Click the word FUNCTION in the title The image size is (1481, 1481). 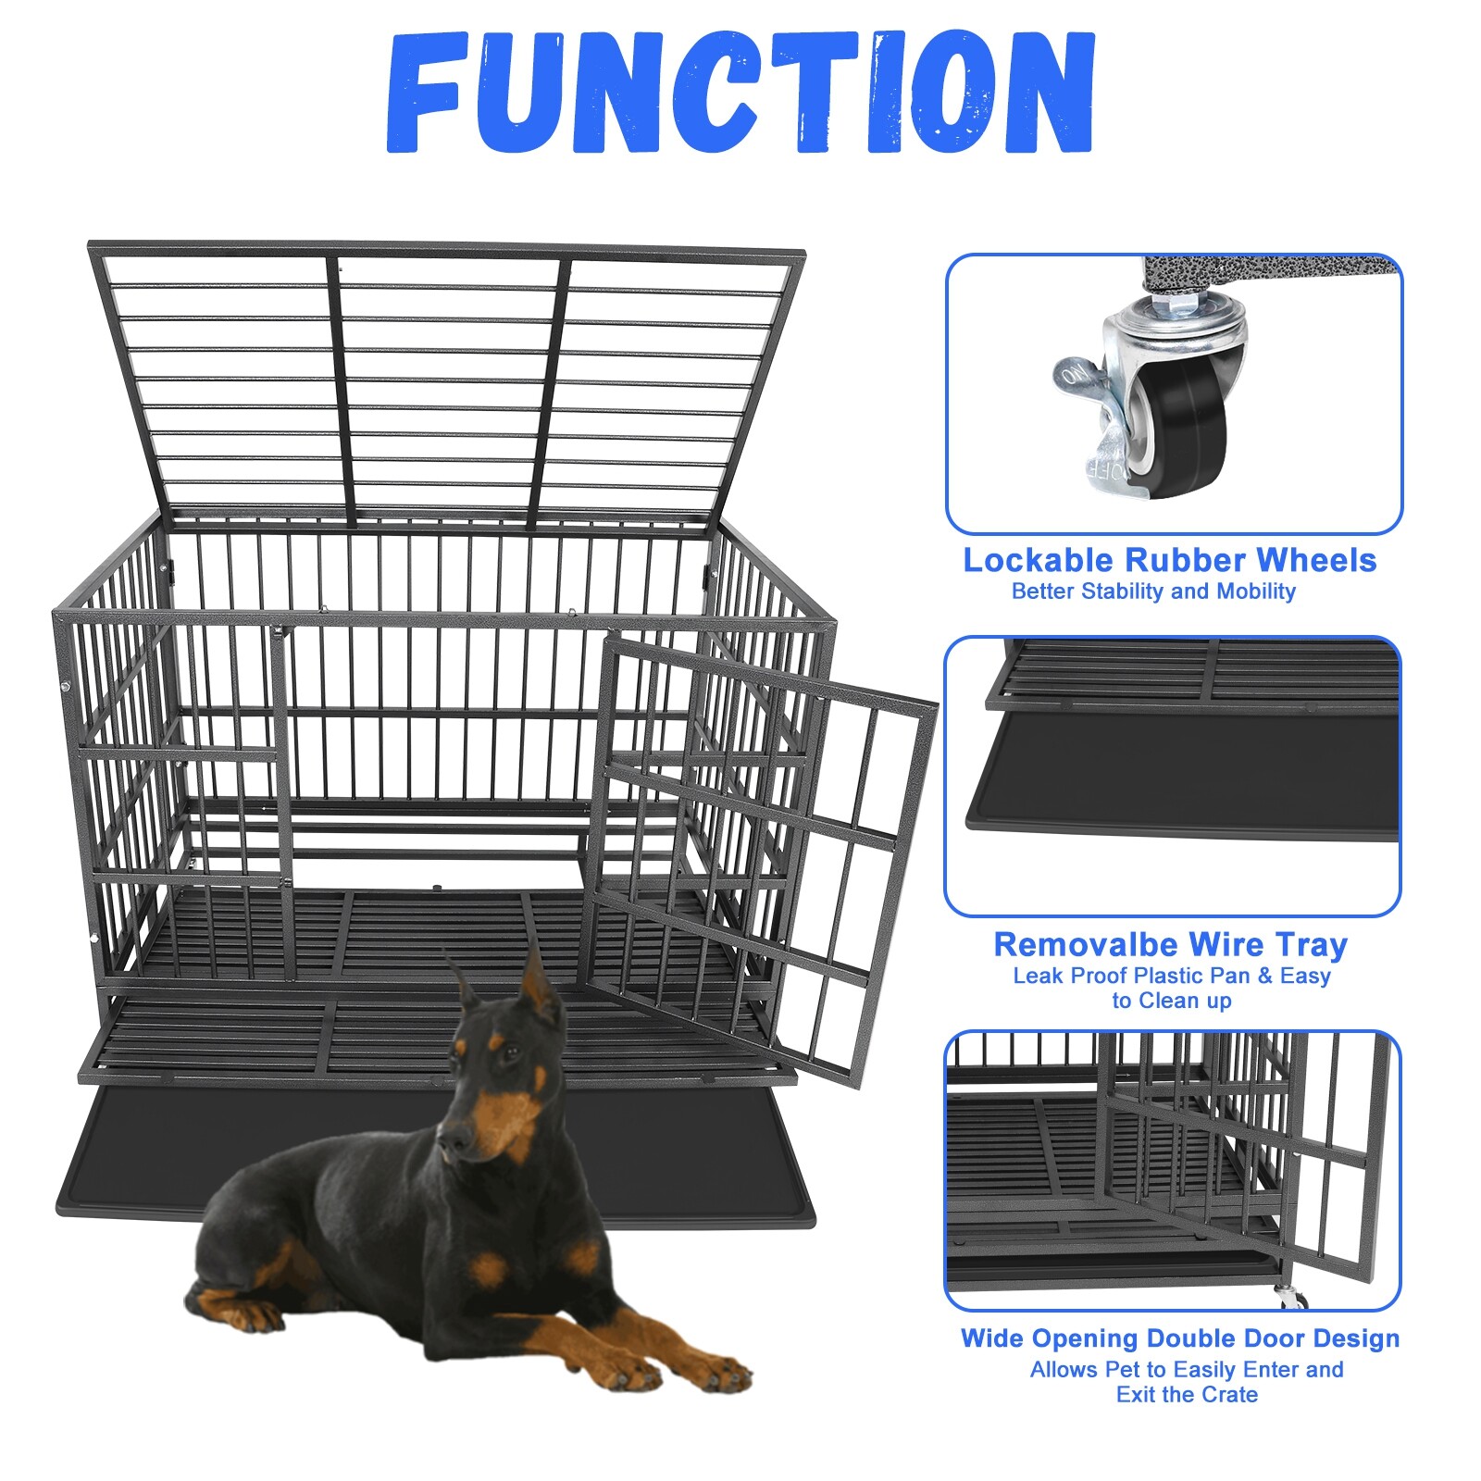[740, 93]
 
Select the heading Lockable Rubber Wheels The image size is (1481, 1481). [1170, 560]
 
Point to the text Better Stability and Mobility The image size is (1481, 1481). [1153, 591]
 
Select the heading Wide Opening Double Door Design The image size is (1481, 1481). [1179, 1338]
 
